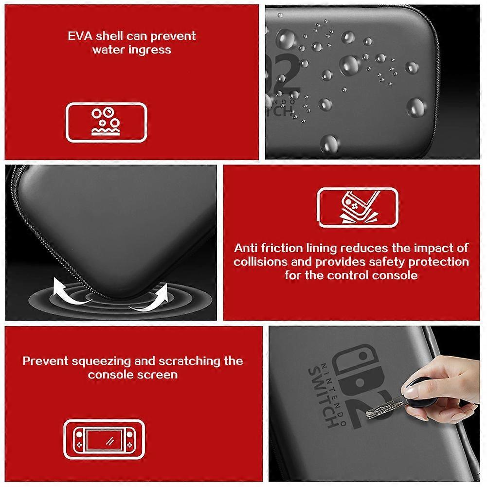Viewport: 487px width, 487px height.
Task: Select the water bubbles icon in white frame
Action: click(106, 122)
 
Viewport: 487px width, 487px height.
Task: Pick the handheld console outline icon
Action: click(106, 439)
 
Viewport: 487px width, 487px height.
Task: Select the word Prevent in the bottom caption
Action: click(45, 361)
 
